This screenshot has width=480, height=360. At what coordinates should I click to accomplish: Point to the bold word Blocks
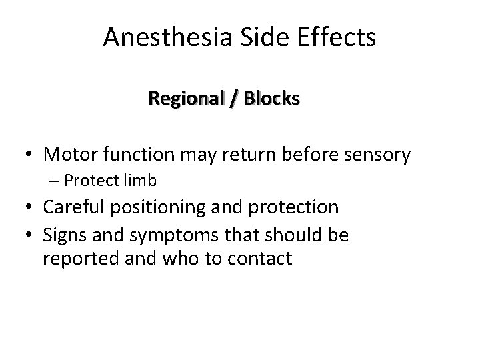[271, 99]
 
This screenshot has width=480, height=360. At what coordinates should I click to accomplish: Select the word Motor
[70, 155]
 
